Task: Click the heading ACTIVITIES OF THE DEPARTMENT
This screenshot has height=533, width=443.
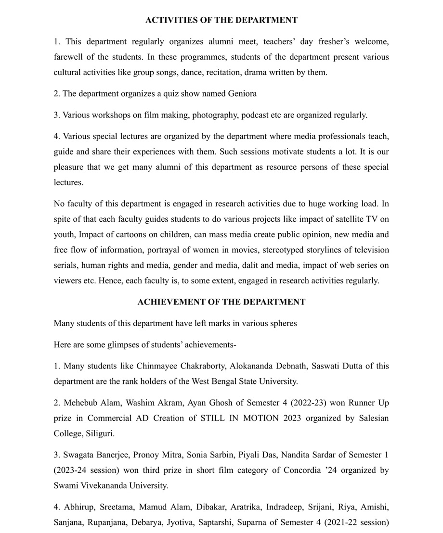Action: [x=221, y=20]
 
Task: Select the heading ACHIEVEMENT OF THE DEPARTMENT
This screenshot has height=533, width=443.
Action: [x=221, y=302]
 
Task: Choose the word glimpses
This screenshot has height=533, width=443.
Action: [x=119, y=345]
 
